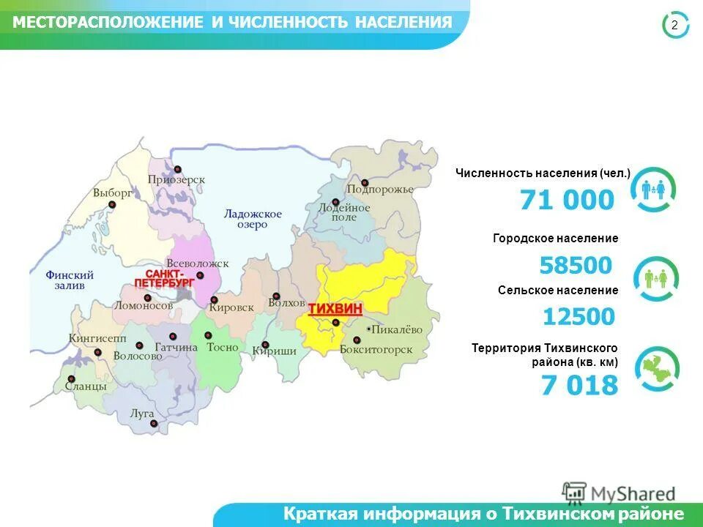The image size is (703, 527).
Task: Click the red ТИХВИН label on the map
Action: click(x=335, y=309)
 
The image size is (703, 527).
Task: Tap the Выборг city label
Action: click(x=113, y=193)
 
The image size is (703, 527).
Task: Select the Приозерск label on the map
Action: click(x=176, y=179)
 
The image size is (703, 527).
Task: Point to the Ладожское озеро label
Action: click(x=253, y=219)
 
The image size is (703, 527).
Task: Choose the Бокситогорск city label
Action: click(x=376, y=350)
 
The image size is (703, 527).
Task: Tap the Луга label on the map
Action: click(x=142, y=413)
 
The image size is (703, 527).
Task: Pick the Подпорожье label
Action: click(x=380, y=189)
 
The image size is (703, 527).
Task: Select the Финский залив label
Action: click(x=70, y=280)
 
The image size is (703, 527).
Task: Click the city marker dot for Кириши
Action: click(x=265, y=345)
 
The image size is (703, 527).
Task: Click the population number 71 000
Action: click(x=568, y=200)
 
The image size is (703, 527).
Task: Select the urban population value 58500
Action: click(x=575, y=265)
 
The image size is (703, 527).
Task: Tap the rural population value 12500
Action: click(x=579, y=316)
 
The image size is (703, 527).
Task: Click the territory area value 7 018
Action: click(x=579, y=385)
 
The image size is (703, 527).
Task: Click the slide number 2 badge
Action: click(x=674, y=26)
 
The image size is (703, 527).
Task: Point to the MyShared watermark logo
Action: click(x=619, y=493)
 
